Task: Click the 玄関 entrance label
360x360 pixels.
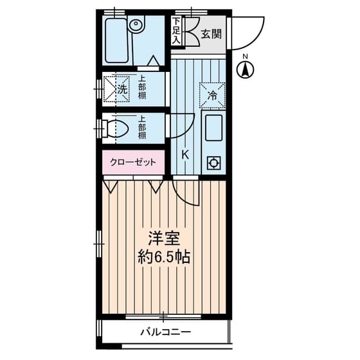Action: [211, 33]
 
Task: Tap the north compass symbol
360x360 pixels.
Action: [246, 69]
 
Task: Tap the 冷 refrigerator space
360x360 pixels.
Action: [212, 96]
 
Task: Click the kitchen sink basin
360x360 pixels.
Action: [212, 129]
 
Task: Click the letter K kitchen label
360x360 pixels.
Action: [184, 154]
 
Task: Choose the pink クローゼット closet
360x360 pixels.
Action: [133, 163]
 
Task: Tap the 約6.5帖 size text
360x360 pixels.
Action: [163, 258]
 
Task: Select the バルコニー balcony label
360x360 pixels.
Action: [166, 332]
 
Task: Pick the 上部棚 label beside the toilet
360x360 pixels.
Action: [141, 127]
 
